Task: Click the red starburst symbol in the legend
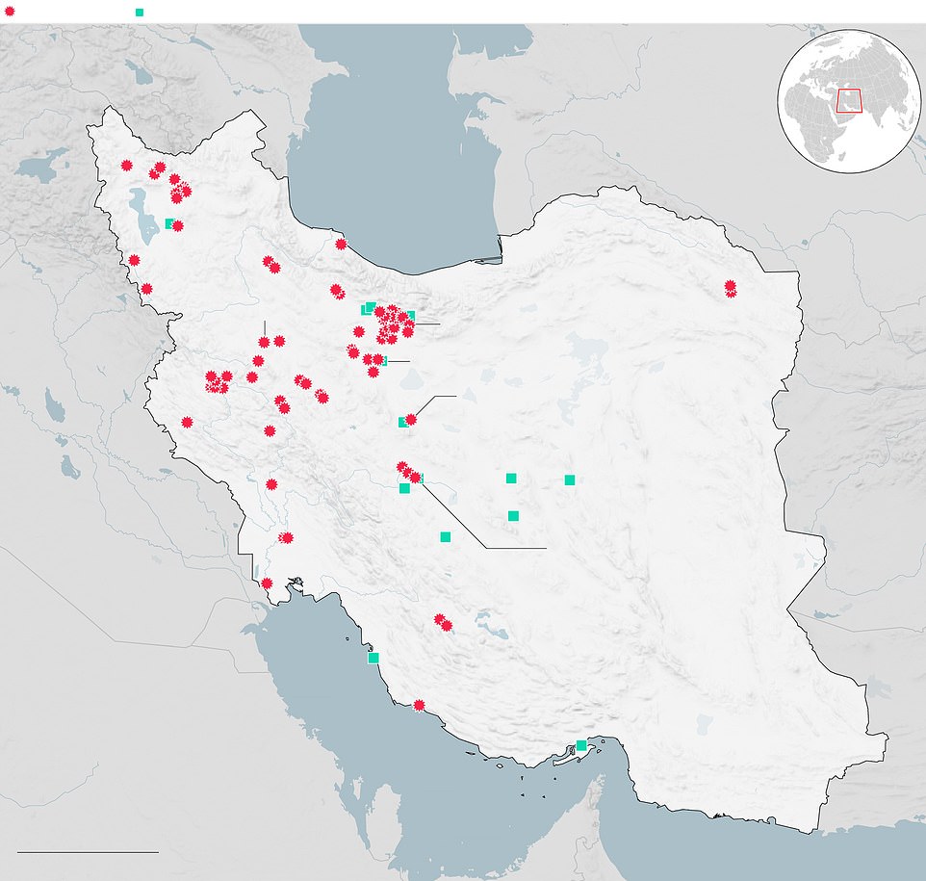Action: point(10,12)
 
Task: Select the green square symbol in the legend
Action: point(140,12)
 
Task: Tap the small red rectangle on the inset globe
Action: point(848,100)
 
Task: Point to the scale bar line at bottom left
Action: point(87,851)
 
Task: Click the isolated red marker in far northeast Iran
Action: point(731,288)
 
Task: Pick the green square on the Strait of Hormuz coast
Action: point(580,745)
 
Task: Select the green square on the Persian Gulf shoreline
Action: point(373,658)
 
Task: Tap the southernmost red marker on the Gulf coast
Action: point(419,705)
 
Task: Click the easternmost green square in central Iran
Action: point(570,479)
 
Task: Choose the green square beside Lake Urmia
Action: point(169,223)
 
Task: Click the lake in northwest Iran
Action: point(145,217)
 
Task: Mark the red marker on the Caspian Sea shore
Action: point(341,244)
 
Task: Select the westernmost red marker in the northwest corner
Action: point(126,165)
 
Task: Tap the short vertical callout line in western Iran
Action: point(264,327)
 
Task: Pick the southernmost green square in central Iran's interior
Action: point(445,536)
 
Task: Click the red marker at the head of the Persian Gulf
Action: point(267,583)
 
